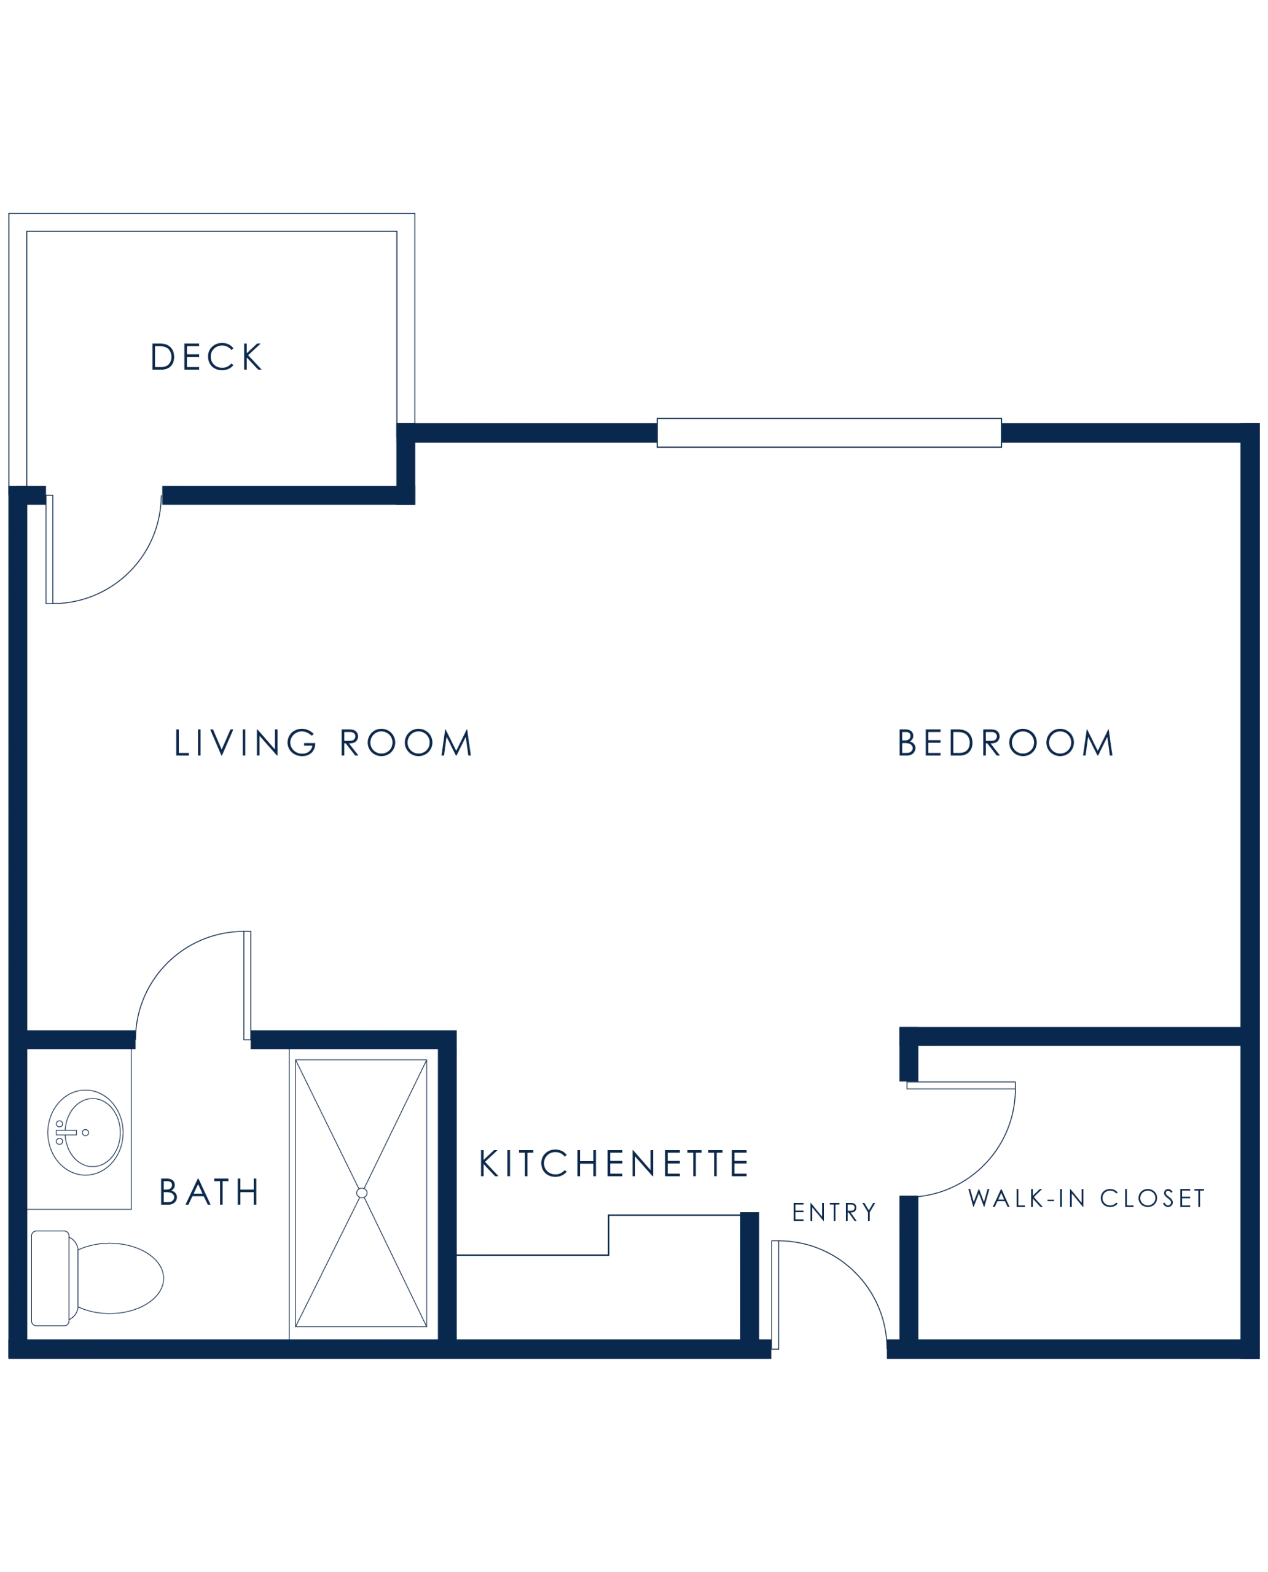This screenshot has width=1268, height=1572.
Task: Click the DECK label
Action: click(x=206, y=357)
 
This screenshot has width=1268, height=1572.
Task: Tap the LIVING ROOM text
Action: click(x=324, y=742)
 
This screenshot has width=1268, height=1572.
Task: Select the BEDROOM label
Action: click(x=1006, y=742)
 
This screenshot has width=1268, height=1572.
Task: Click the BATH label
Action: click(x=209, y=1192)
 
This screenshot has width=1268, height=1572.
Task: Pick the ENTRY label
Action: click(x=834, y=1212)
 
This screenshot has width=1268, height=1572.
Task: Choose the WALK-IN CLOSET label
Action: click(x=1086, y=1197)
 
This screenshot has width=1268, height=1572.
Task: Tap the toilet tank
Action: click(x=50, y=1278)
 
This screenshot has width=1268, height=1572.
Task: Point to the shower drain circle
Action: click(x=362, y=1193)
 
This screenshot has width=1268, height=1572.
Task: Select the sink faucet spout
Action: click(x=66, y=1132)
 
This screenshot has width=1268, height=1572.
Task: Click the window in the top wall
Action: click(x=829, y=433)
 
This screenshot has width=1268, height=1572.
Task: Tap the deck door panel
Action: click(x=50, y=549)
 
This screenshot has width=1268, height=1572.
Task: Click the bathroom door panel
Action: click(x=248, y=986)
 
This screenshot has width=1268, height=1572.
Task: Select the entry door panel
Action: click(x=775, y=1294)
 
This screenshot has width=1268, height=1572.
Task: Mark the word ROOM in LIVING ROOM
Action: click(x=406, y=742)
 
